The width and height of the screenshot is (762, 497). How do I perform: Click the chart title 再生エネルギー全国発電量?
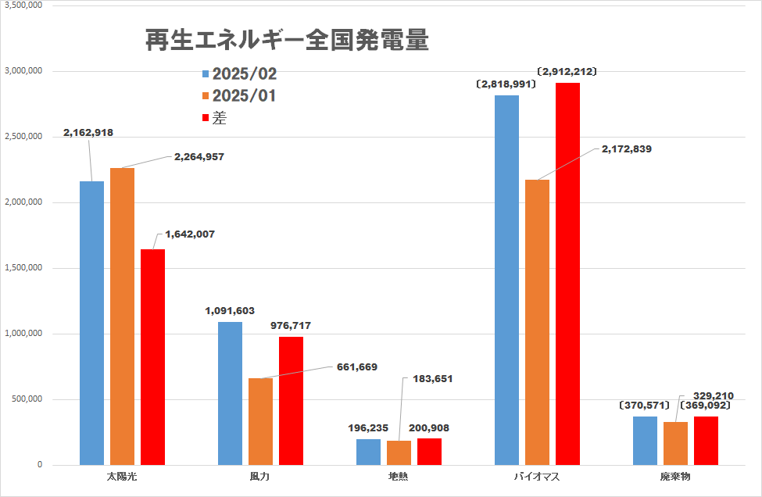pos(287,41)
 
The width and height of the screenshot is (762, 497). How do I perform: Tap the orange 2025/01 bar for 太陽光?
pos(122,316)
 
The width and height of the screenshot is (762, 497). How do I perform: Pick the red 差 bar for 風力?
pos(291,400)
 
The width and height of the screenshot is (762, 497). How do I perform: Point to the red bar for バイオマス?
pos(567,274)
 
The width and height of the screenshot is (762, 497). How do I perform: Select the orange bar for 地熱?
pos(399,452)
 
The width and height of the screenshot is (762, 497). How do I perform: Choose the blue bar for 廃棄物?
pos(645,441)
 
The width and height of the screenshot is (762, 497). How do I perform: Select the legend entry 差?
pos(220,118)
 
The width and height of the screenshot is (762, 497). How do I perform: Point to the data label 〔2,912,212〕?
pos(567,71)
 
